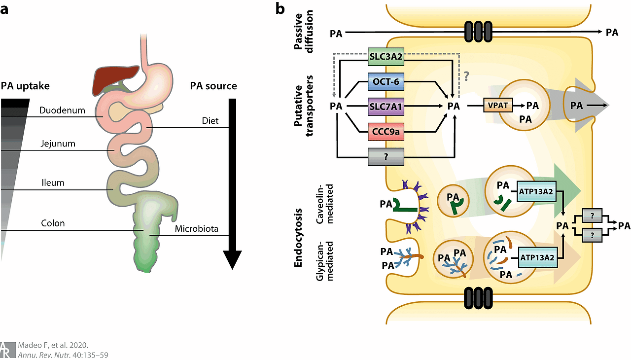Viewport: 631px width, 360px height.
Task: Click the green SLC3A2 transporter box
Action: [x=386, y=57]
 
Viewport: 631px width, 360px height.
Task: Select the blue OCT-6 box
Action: [x=386, y=82]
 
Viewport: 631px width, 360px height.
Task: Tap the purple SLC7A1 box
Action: [x=386, y=107]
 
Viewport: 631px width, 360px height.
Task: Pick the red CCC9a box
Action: [x=386, y=132]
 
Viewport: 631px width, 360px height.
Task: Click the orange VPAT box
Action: [x=498, y=106]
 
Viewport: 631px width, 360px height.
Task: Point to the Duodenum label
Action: [x=62, y=110]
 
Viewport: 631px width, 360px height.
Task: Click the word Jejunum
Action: [x=58, y=144]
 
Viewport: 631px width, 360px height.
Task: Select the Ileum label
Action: [x=53, y=182]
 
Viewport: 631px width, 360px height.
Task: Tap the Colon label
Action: [x=53, y=223]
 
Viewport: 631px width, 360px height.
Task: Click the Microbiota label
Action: [x=197, y=228]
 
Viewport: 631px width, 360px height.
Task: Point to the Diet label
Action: [x=210, y=120]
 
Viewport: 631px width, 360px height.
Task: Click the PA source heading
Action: [x=213, y=86]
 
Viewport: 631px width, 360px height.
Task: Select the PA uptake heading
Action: [x=25, y=86]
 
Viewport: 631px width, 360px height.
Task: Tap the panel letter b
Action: [x=280, y=9]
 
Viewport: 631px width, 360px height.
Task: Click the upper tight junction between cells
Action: [x=478, y=32]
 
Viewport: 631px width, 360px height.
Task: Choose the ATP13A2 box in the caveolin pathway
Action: [x=536, y=191]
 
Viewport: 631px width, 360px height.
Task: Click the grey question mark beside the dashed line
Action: [x=466, y=76]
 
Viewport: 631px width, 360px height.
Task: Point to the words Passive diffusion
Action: [x=303, y=32]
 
